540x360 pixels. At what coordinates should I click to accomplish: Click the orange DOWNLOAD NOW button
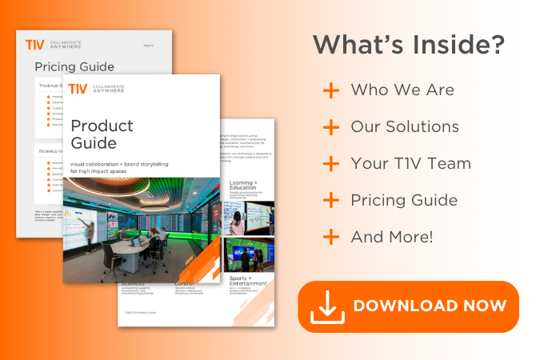point(408,306)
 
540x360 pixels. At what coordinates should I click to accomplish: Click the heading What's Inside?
point(408,45)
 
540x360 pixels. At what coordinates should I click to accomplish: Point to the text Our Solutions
point(405,127)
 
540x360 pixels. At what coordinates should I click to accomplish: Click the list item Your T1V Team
point(410,164)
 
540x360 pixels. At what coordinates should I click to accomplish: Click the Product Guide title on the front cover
point(102,134)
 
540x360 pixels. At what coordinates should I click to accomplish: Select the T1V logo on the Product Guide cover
point(78,89)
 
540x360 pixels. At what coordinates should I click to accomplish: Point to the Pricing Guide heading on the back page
point(74,67)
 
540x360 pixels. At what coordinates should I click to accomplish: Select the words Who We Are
point(402,90)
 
